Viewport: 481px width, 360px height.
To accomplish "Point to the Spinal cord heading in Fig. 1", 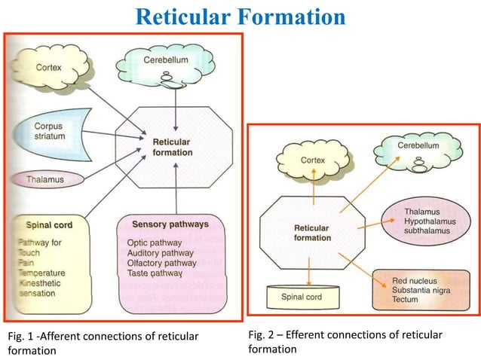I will tap(49, 224).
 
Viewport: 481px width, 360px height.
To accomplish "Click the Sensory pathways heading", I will tap(170, 224).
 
